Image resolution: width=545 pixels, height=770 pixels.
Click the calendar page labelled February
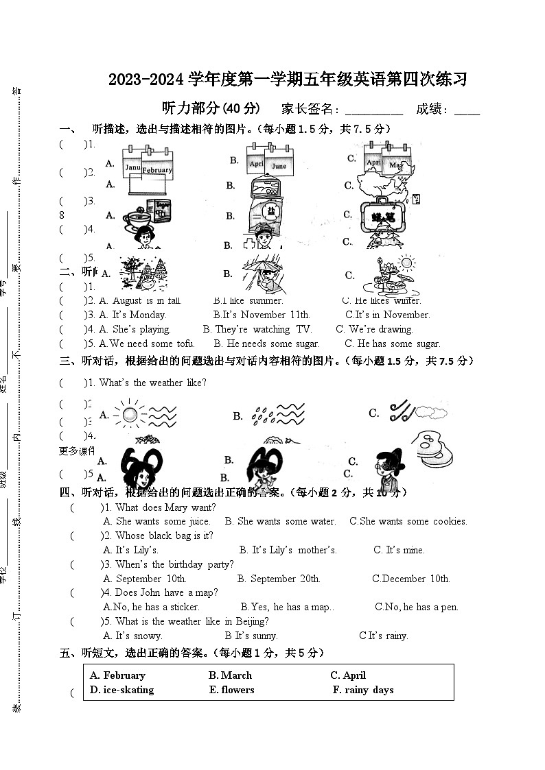[157, 169]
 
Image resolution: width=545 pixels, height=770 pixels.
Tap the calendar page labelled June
[279, 165]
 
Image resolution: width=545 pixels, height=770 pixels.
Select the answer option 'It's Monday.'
[132, 315]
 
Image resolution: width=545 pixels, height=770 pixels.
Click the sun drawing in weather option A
[127, 414]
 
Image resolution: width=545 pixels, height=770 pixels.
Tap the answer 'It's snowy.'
[139, 636]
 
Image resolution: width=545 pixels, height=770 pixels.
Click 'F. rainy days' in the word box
[363, 690]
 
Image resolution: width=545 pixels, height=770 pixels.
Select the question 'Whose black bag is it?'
[164, 536]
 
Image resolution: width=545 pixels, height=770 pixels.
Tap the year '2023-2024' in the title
[147, 80]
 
